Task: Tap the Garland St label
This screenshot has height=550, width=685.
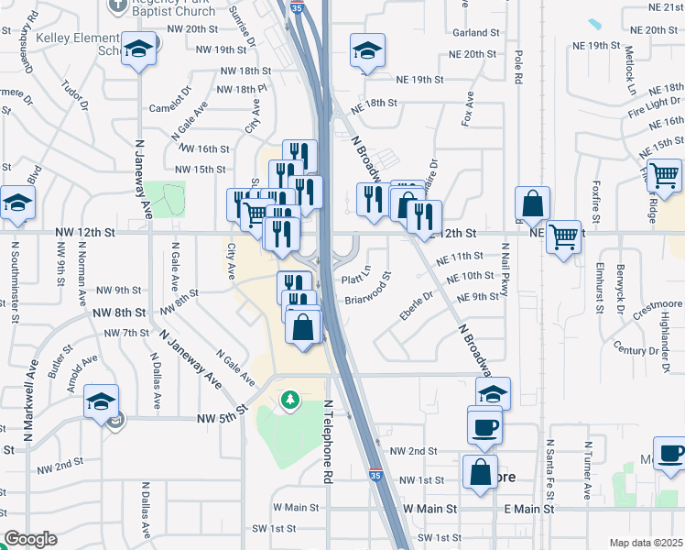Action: [x=474, y=33]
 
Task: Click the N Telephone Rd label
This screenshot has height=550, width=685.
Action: [x=327, y=441]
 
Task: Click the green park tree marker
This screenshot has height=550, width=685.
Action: [x=290, y=400]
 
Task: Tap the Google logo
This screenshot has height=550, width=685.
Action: [x=30, y=539]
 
